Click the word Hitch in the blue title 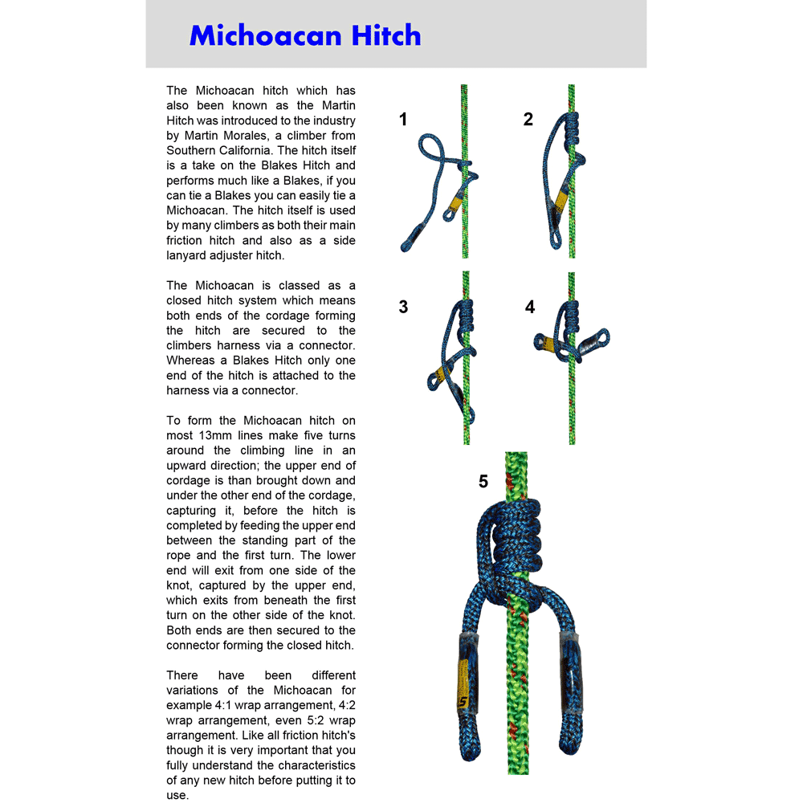[385, 36]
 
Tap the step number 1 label [403, 120]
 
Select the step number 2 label [528, 120]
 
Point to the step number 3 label [403, 307]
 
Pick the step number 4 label [530, 307]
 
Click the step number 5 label [483, 482]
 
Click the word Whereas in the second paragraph [190, 361]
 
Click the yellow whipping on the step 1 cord [459, 206]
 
